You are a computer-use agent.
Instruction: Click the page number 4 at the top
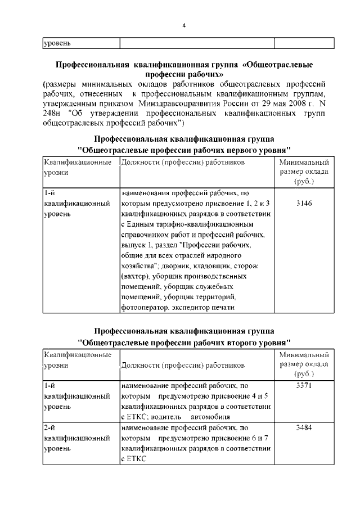tap(183, 25)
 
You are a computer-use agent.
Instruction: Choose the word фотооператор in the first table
tap(143, 308)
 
